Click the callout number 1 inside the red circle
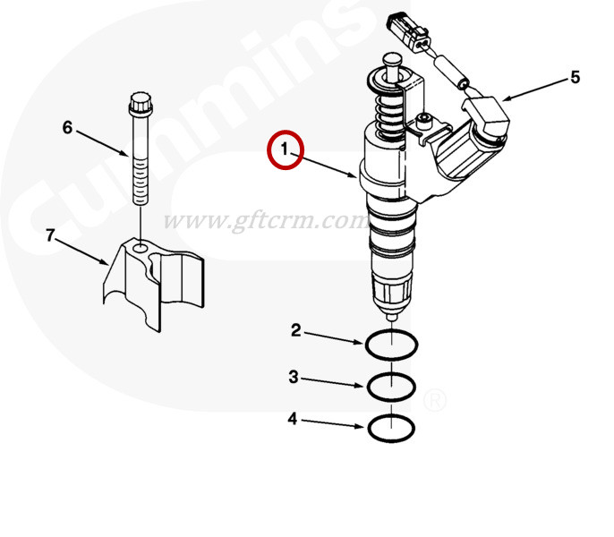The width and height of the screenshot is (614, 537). (x=285, y=149)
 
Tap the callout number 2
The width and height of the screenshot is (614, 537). (x=296, y=330)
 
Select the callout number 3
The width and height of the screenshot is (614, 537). (x=294, y=377)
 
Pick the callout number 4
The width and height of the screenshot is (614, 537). (x=293, y=419)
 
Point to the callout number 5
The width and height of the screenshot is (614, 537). (x=575, y=77)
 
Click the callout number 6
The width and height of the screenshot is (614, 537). (x=67, y=127)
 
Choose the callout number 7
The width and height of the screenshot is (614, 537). (x=50, y=235)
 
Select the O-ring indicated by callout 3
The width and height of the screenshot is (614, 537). (x=392, y=400)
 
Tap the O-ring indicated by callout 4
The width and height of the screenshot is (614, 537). (x=392, y=441)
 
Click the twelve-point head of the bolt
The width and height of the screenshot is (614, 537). (x=141, y=104)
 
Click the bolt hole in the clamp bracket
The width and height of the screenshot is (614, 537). (x=141, y=248)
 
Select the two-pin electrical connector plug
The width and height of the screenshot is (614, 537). (x=409, y=31)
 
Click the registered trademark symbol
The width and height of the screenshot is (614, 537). (x=434, y=400)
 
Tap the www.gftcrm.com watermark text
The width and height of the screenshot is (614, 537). (x=265, y=220)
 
